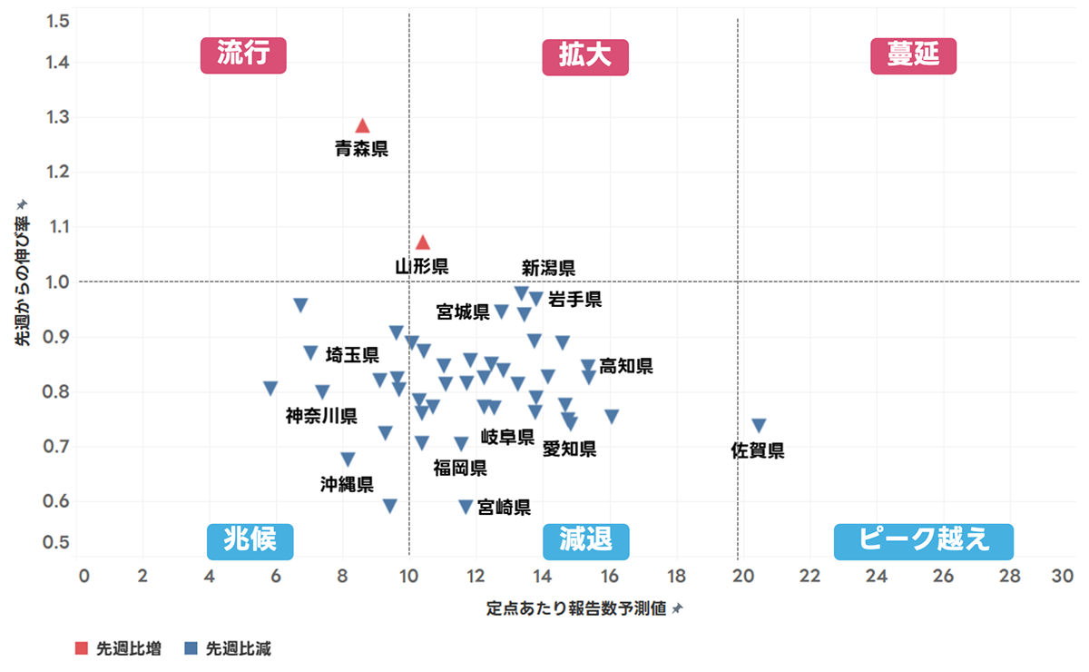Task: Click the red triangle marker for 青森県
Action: click(x=362, y=125)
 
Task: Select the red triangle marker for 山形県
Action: click(x=422, y=242)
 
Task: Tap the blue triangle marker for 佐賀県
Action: click(x=759, y=426)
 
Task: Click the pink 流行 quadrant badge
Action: click(x=243, y=54)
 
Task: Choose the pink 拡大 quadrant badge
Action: click(x=585, y=56)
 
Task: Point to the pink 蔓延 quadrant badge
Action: click(x=914, y=56)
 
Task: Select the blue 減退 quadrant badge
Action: click(x=585, y=541)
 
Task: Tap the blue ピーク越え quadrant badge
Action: click(x=923, y=541)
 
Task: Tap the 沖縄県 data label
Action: click(x=347, y=484)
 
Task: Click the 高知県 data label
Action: click(x=626, y=366)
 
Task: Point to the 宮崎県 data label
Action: click(x=504, y=508)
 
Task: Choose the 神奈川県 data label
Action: click(x=321, y=416)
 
